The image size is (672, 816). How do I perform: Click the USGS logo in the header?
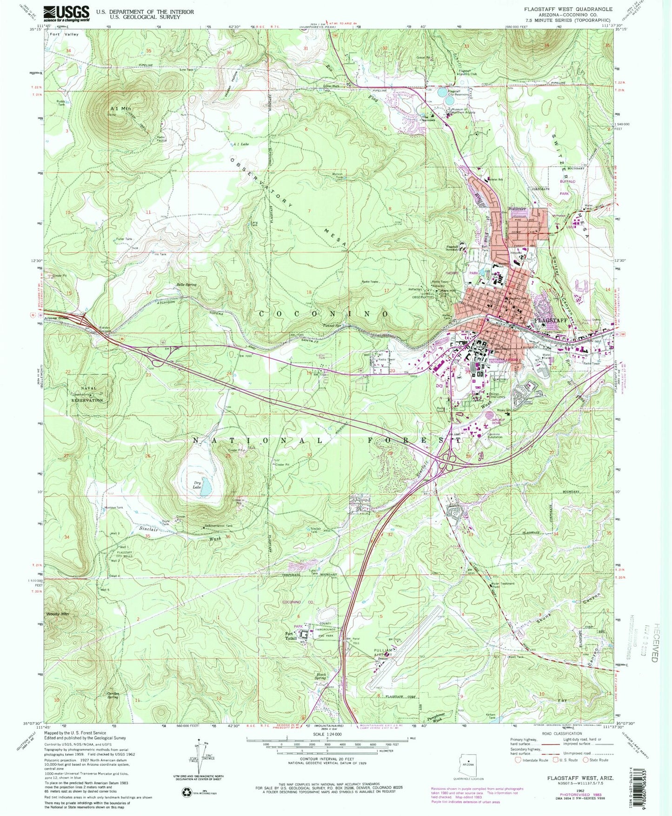[x=66, y=13]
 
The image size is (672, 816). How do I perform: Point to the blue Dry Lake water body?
[x=206, y=488]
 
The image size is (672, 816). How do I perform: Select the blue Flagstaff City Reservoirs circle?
[x=441, y=93]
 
